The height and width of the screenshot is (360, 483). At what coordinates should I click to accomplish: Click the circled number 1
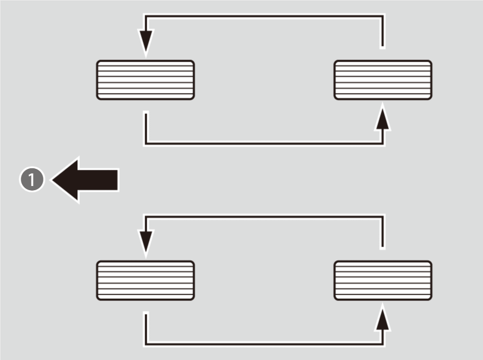(x=32, y=180)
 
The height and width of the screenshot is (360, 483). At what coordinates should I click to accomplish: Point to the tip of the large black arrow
(x=53, y=180)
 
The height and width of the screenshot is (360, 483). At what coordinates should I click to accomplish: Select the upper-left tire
(x=145, y=80)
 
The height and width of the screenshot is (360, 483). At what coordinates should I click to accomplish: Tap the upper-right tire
(x=383, y=80)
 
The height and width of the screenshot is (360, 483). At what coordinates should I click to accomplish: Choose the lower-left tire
(x=145, y=280)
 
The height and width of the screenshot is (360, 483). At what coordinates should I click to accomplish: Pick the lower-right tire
(x=383, y=280)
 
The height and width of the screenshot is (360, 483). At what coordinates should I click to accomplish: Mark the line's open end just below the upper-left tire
(x=146, y=112)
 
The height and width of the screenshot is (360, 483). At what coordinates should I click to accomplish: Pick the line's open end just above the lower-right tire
(x=383, y=246)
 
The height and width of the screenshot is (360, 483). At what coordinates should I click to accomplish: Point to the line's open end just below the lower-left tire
(x=146, y=313)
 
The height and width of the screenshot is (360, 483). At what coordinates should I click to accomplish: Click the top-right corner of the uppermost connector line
(x=383, y=16)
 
